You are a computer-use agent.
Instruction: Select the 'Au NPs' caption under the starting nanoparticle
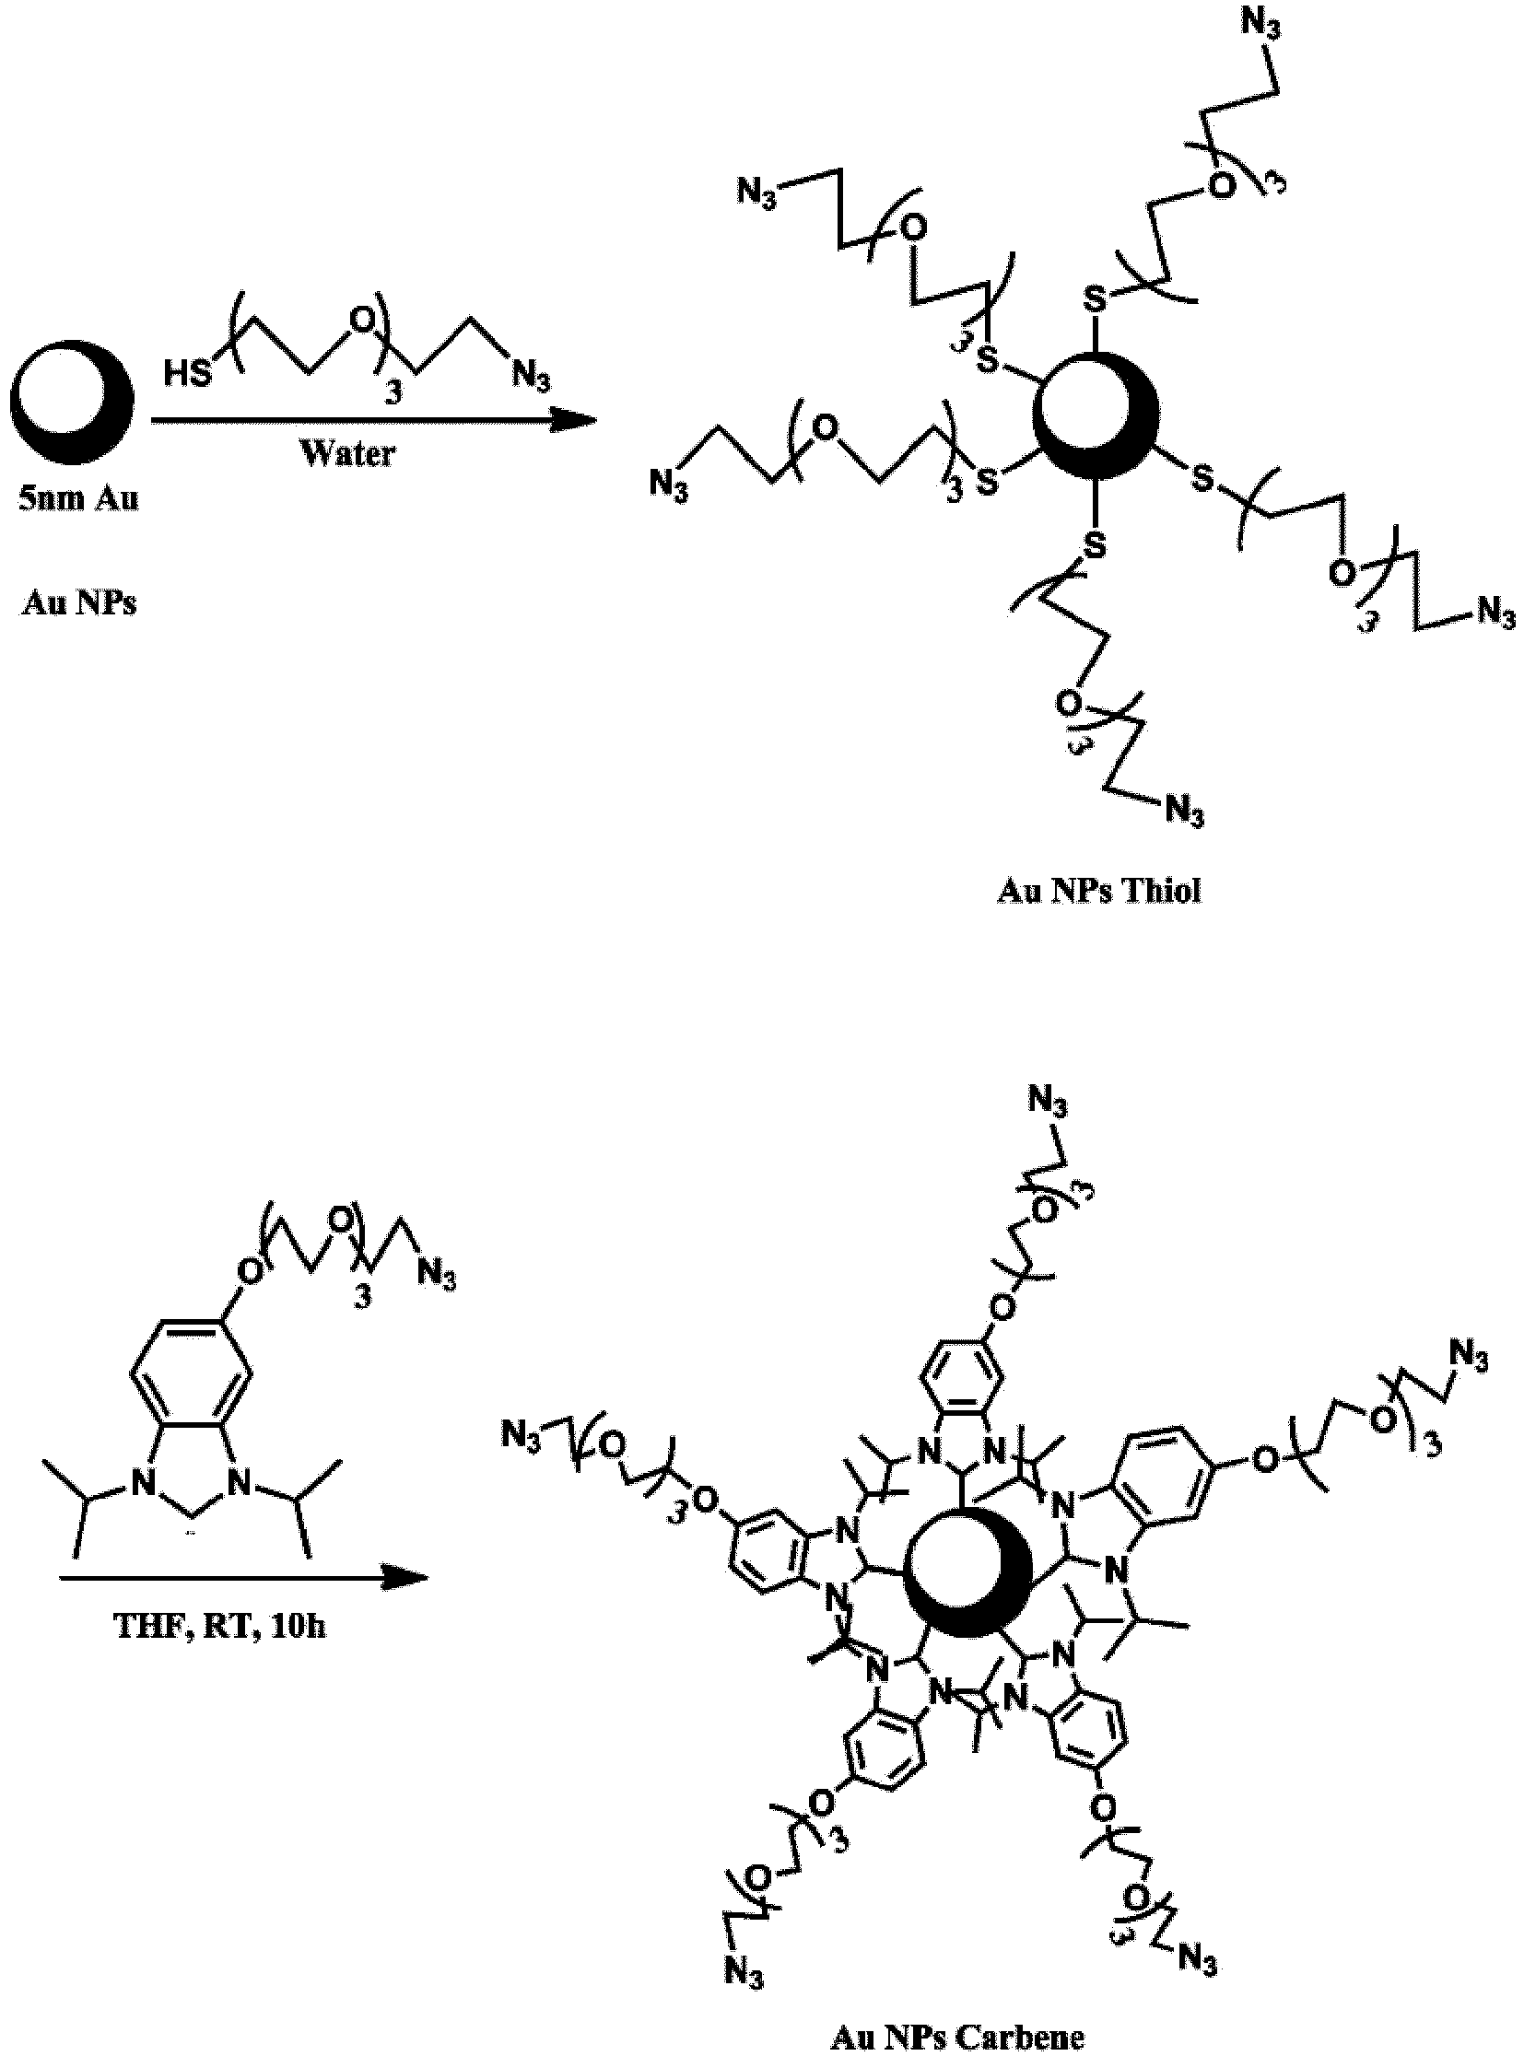tap(79, 603)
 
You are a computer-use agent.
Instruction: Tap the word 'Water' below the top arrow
tap(348, 453)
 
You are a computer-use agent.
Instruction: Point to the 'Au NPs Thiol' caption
tap(1098, 891)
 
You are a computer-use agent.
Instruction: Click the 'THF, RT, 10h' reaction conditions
tap(219, 1625)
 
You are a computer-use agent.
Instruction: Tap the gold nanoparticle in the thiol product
tap(1095, 415)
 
